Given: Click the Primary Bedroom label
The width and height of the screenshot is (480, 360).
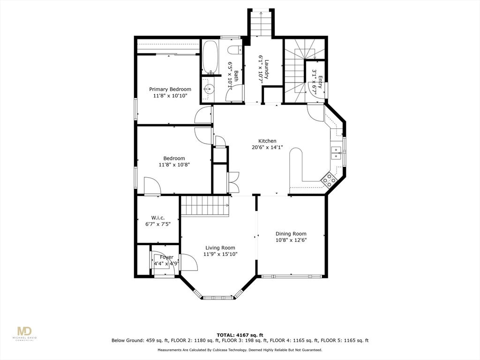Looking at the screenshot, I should tap(170, 89).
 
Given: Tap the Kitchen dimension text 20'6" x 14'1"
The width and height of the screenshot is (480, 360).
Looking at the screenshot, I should tap(267, 147).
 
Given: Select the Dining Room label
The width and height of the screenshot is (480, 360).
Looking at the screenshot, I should tap(291, 233).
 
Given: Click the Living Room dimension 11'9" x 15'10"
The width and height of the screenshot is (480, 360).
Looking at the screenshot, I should tap(220, 254).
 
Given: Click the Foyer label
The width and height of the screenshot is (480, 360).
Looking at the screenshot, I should tap(166, 257).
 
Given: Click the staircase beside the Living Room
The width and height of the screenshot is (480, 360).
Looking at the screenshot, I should tap(204, 206).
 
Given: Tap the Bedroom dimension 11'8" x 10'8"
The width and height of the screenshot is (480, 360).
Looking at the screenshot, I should tap(174, 165).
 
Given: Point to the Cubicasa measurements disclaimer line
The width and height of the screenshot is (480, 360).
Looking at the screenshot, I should tap(240, 350).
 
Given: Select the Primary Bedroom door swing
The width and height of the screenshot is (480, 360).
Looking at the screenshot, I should tap(204, 115).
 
